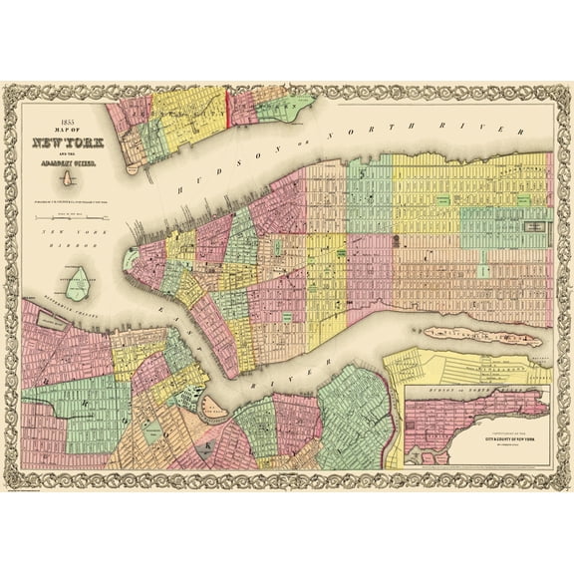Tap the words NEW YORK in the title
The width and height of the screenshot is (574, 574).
click(x=67, y=142)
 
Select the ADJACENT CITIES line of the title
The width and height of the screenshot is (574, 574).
click(x=67, y=162)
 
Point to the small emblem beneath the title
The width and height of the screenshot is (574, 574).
click(x=67, y=180)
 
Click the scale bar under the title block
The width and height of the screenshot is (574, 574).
click(x=67, y=217)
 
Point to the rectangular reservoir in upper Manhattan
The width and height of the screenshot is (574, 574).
click(x=534, y=228)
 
